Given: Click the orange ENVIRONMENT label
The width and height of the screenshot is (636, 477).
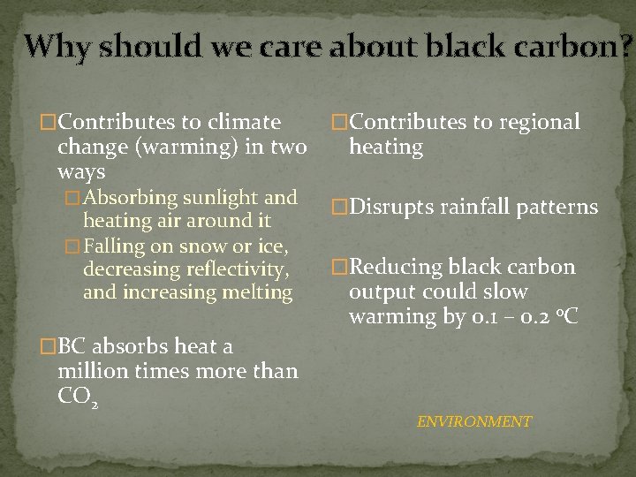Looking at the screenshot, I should coord(474,421).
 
